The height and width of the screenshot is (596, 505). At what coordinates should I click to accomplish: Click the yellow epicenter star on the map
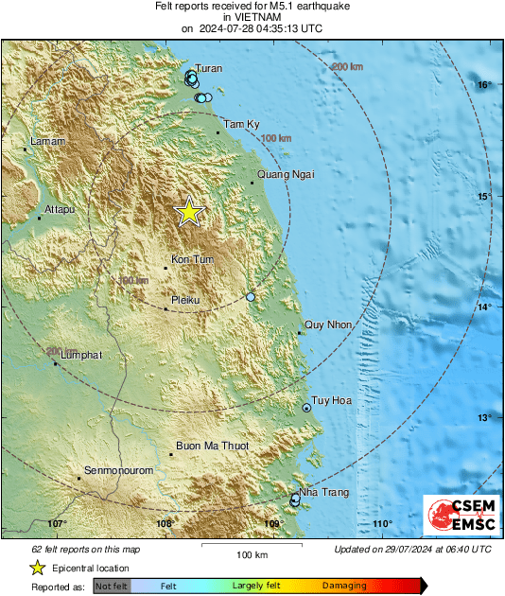(189, 212)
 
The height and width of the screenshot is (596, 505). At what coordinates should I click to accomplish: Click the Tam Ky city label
(240, 124)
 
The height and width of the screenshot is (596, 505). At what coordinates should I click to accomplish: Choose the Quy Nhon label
(328, 325)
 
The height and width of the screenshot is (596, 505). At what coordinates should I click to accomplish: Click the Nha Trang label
(323, 493)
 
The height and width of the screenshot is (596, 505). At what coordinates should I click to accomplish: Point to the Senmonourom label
(116, 470)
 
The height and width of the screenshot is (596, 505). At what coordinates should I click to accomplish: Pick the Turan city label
(209, 69)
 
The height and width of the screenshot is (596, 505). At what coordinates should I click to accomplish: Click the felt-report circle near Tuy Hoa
(306, 408)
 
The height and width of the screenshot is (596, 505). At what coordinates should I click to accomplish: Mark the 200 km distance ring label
(347, 66)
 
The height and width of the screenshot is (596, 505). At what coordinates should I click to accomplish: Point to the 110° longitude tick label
(382, 524)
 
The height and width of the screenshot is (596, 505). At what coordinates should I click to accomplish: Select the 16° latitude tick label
(484, 85)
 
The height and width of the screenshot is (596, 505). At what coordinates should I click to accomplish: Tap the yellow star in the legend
(37, 568)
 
